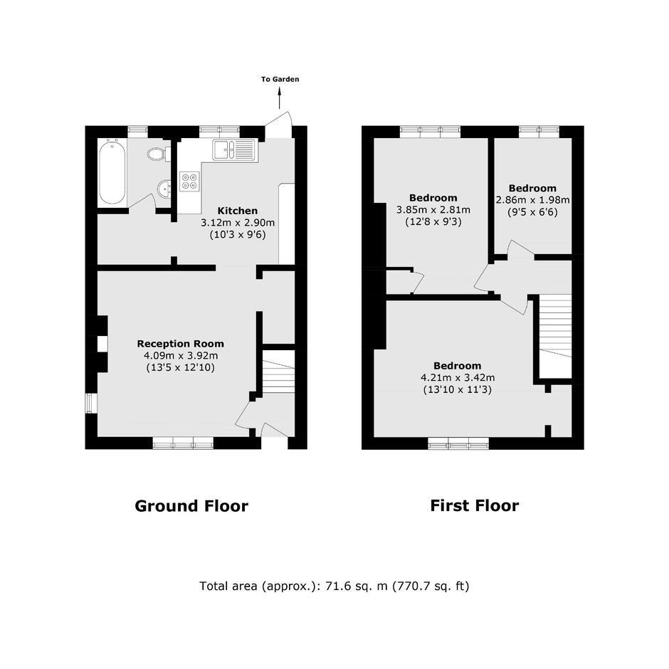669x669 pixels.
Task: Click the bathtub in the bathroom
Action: tap(112, 173)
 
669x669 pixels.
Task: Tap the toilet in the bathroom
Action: tap(158, 154)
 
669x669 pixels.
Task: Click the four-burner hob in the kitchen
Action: tap(189, 181)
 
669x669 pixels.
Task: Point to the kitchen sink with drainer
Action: tap(234, 149)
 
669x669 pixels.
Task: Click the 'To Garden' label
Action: tap(280, 80)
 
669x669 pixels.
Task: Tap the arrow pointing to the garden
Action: tap(280, 98)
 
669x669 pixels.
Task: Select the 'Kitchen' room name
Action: tap(238, 211)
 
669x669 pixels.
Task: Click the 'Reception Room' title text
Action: tap(181, 344)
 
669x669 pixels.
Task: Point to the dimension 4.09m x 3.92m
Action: tap(181, 356)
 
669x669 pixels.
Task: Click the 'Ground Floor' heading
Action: tap(191, 506)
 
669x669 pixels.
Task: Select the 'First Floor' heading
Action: tap(475, 505)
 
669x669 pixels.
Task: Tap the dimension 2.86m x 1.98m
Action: tap(532, 200)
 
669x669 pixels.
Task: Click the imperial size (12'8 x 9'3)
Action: tap(433, 222)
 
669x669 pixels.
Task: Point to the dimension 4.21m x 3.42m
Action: tap(458, 378)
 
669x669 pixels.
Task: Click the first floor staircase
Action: tap(556, 325)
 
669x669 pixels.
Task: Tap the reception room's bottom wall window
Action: tap(183, 443)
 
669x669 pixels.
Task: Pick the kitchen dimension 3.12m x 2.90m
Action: tap(238, 223)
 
